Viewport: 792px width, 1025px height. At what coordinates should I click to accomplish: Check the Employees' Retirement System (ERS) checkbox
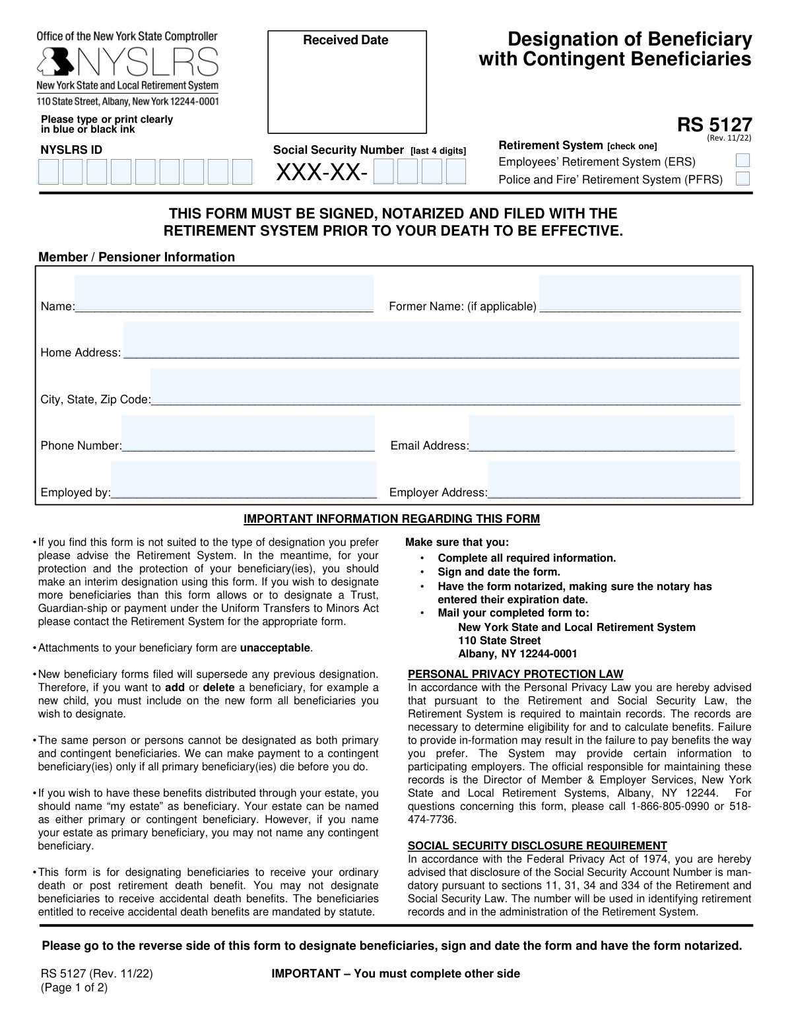(742, 161)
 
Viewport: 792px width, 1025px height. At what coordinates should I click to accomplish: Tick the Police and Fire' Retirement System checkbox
(742, 179)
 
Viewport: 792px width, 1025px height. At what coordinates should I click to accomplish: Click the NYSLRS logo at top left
(127, 63)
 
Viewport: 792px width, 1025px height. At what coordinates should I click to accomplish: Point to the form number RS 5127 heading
(714, 125)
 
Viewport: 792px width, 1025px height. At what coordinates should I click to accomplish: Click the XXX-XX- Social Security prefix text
(321, 173)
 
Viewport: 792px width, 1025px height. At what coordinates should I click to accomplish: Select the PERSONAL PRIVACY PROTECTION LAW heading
(515, 674)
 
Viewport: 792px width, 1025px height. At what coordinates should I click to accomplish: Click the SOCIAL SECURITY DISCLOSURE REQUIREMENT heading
(537, 845)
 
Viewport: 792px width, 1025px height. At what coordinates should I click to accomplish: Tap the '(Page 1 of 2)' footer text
(74, 987)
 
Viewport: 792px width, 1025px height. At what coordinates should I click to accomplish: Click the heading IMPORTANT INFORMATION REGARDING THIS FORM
(391, 519)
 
